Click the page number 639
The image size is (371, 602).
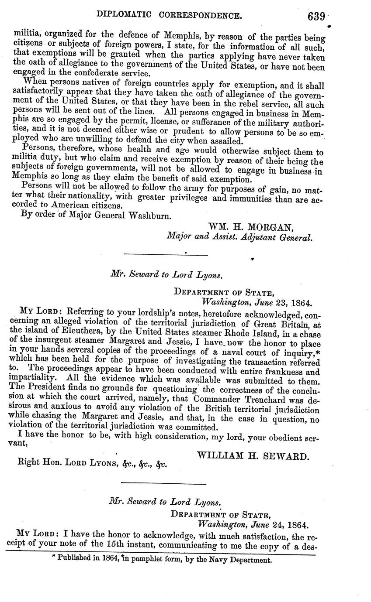click(x=316, y=16)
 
